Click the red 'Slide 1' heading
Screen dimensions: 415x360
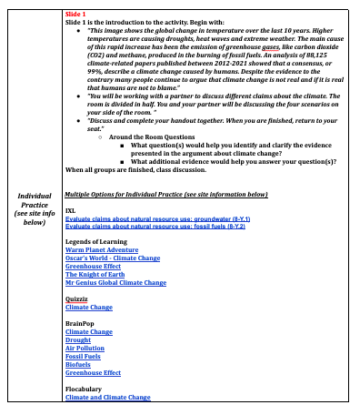pos(77,15)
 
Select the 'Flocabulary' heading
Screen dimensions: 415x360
pos(85,390)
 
